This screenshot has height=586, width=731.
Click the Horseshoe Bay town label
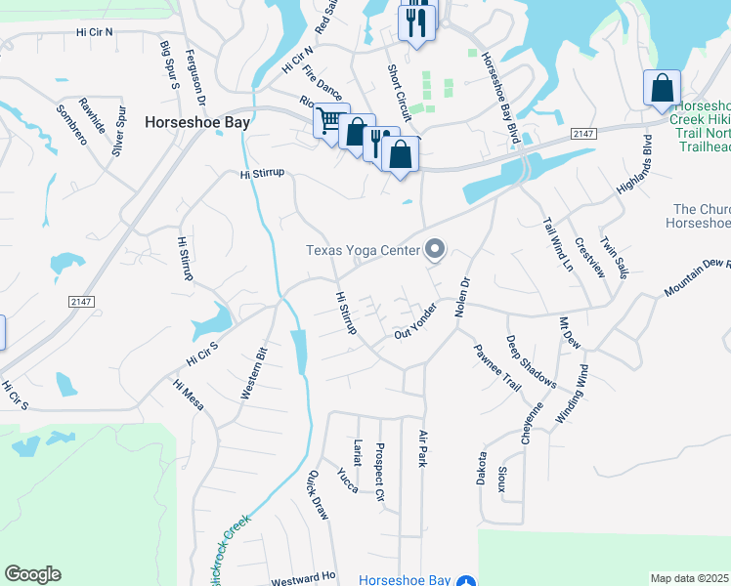pos(197,123)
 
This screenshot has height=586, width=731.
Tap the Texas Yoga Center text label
pos(363,250)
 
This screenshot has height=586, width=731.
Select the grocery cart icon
pos(329,121)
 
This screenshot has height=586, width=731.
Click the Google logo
pos(32,574)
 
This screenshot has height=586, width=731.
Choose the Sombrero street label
pos(72,124)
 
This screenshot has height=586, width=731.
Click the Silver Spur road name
pos(121,132)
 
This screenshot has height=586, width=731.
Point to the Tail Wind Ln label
pos(557,244)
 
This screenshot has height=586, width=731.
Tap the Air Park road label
pos(423,448)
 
